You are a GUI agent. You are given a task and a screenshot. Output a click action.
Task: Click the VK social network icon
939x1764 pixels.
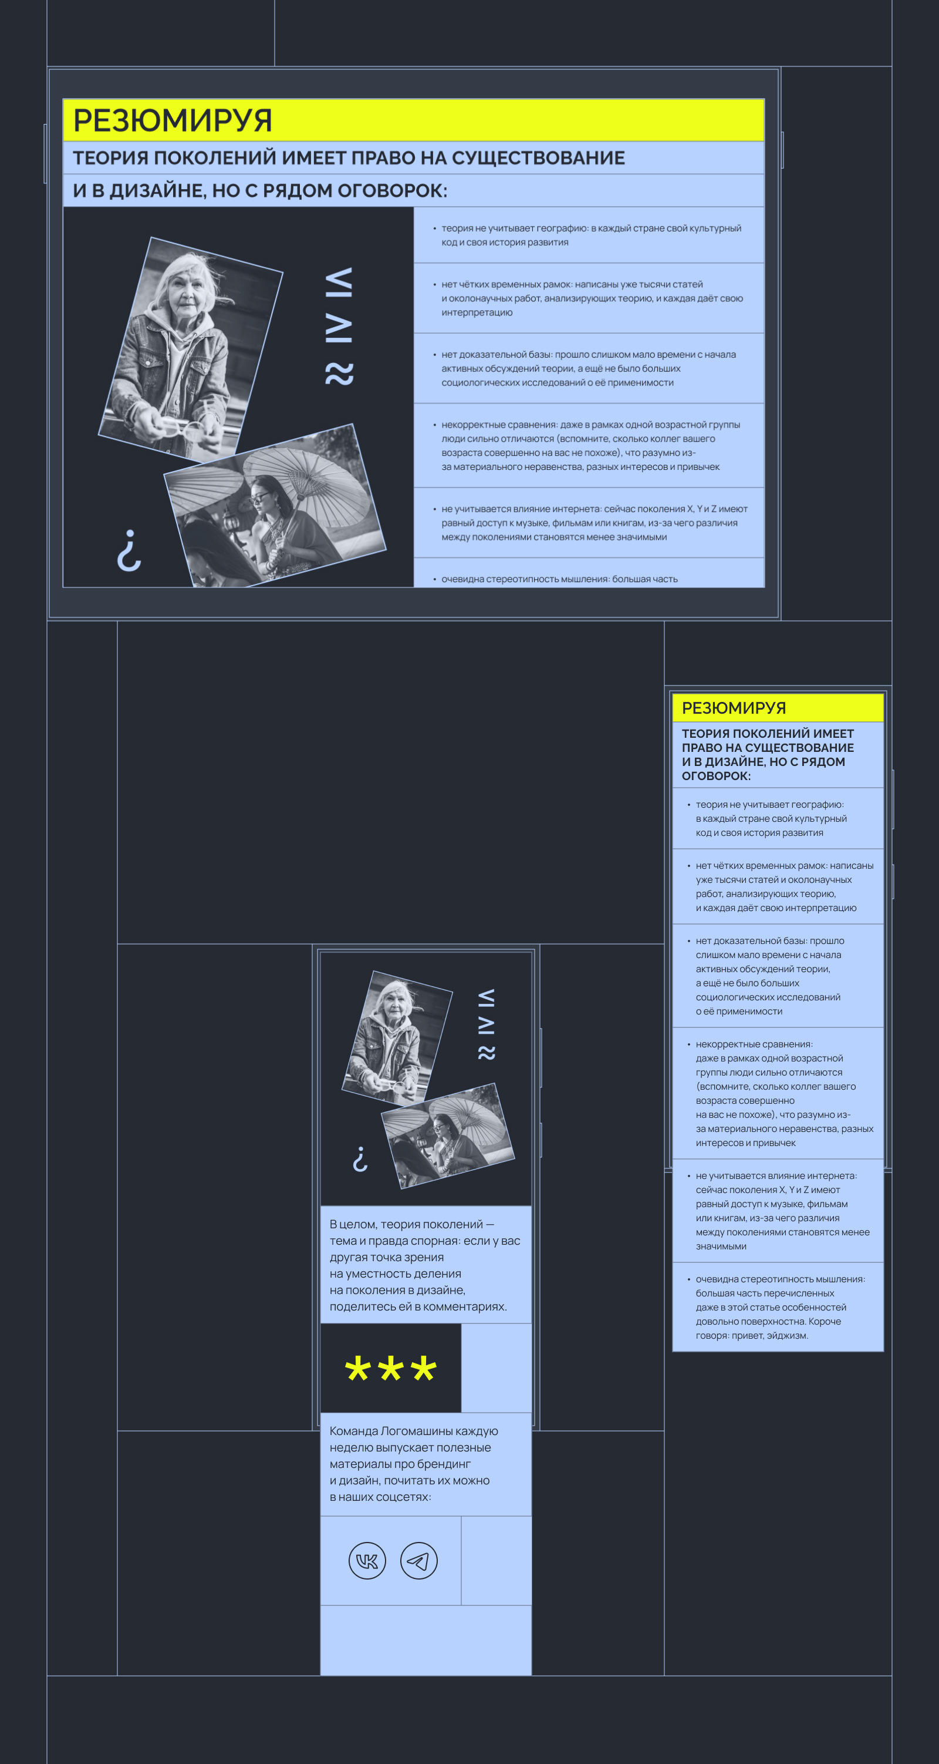tap(367, 1561)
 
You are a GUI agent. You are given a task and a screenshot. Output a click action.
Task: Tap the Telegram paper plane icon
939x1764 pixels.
tap(418, 1561)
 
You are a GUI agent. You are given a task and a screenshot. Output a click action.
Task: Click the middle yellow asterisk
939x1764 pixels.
tap(390, 1369)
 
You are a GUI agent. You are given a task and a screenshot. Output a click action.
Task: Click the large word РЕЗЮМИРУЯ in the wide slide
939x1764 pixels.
tap(173, 120)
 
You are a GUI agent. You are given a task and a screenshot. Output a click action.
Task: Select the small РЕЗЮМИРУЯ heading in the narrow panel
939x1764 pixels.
tap(734, 708)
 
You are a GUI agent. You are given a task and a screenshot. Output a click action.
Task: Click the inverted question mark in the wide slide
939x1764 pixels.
tap(129, 550)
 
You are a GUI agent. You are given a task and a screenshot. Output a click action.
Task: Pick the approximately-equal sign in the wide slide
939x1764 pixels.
tap(339, 374)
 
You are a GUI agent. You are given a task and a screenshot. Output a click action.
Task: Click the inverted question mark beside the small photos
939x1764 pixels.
tap(360, 1158)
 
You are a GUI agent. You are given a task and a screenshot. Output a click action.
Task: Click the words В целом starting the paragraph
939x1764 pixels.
tap(353, 1224)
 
